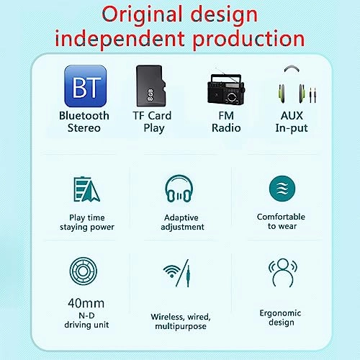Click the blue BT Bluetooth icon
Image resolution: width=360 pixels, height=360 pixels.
pyautogui.click(x=85, y=86)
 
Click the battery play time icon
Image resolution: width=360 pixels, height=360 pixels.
pyautogui.click(x=87, y=189)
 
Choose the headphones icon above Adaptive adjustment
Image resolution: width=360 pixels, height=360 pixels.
pyautogui.click(x=179, y=190)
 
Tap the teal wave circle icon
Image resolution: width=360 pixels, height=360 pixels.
pyautogui.click(x=281, y=189)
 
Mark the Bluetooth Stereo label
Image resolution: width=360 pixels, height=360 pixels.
pyautogui.click(x=84, y=122)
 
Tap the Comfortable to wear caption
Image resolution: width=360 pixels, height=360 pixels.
pyautogui.click(x=281, y=221)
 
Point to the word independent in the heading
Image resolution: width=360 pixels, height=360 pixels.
pyautogui.click(x=109, y=37)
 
